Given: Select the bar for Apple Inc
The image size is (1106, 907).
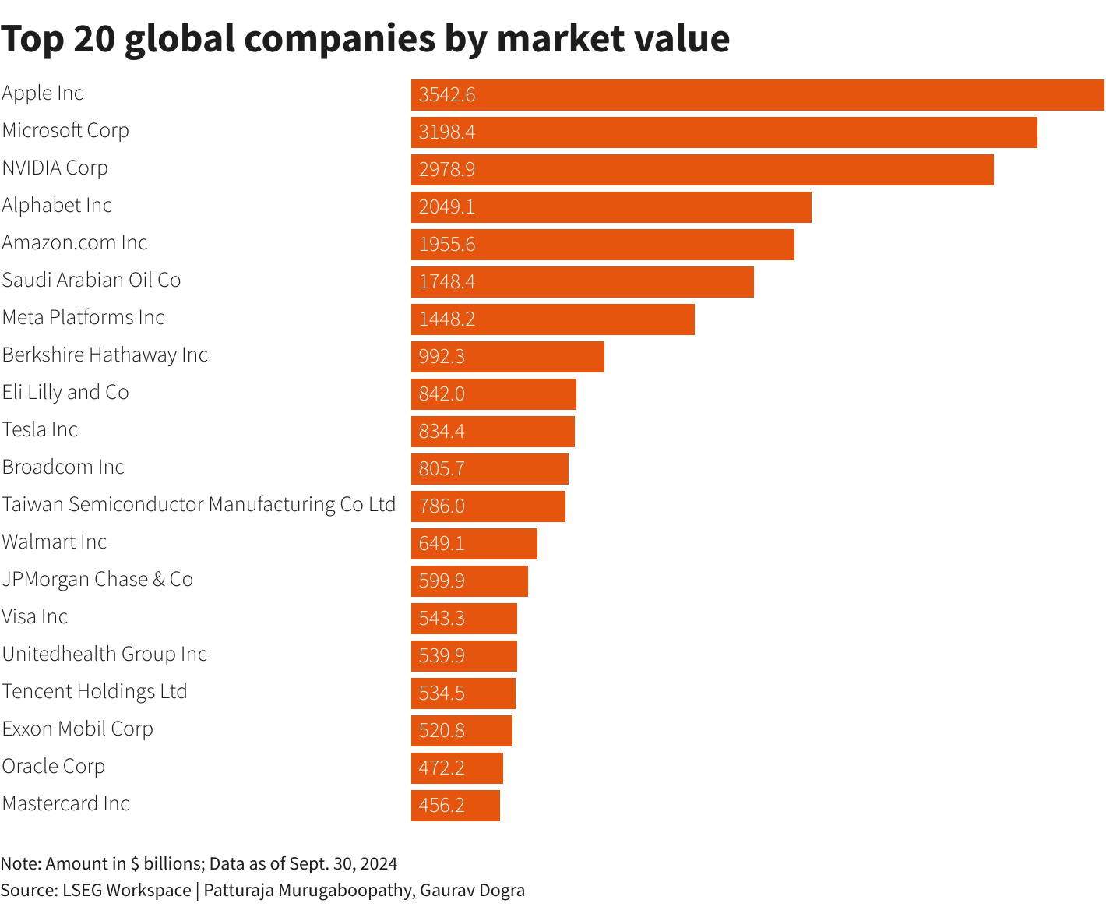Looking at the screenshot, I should [x=757, y=95].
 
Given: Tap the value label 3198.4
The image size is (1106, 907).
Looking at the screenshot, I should [x=446, y=132].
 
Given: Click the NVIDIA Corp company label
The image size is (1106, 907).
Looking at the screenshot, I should [x=55, y=168].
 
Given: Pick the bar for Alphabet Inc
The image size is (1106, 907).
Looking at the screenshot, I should [x=611, y=207].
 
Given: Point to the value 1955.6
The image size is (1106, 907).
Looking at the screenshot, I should [x=446, y=245].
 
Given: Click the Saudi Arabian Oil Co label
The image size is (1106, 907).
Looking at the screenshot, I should [x=91, y=281].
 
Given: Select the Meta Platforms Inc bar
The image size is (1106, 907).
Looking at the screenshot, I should [x=552, y=319].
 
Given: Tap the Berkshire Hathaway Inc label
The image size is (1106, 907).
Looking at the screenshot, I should [x=105, y=355].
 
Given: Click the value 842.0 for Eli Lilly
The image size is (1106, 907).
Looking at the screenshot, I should [x=442, y=394].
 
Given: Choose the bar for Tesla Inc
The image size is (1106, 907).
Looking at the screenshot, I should [x=492, y=432].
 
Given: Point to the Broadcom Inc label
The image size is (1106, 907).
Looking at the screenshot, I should [x=63, y=468].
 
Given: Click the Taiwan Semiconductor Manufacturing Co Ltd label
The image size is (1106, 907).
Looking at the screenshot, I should [x=199, y=505].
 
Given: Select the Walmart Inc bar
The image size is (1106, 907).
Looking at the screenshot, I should [x=474, y=544].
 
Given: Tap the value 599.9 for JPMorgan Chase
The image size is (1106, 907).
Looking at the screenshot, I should [x=442, y=581].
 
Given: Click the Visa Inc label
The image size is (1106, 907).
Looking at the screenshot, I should [x=35, y=617].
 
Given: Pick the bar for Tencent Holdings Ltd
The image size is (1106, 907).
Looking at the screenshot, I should [x=463, y=693].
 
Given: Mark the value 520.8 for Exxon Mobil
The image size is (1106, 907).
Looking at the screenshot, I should [x=442, y=731].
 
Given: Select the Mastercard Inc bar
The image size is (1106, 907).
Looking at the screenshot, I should [x=455, y=806].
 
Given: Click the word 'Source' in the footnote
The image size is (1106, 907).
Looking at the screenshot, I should [x=28, y=890].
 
